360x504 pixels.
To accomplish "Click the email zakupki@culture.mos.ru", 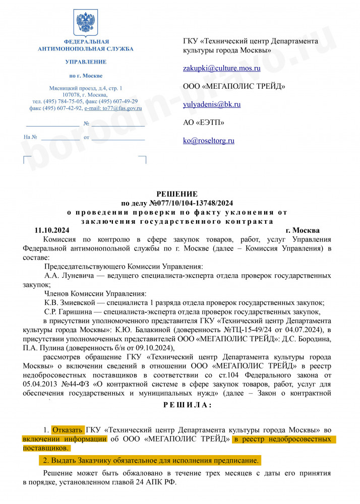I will (x=221, y=68).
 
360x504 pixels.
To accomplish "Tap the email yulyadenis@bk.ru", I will (x=212, y=104).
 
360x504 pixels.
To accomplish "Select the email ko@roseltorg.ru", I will (x=209, y=141).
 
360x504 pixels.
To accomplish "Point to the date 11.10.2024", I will (x=51, y=230).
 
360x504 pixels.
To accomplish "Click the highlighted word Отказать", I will (x=68, y=430).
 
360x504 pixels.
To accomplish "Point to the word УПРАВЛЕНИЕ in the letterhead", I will (x=86, y=62).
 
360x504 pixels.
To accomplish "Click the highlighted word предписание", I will (x=236, y=461).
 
